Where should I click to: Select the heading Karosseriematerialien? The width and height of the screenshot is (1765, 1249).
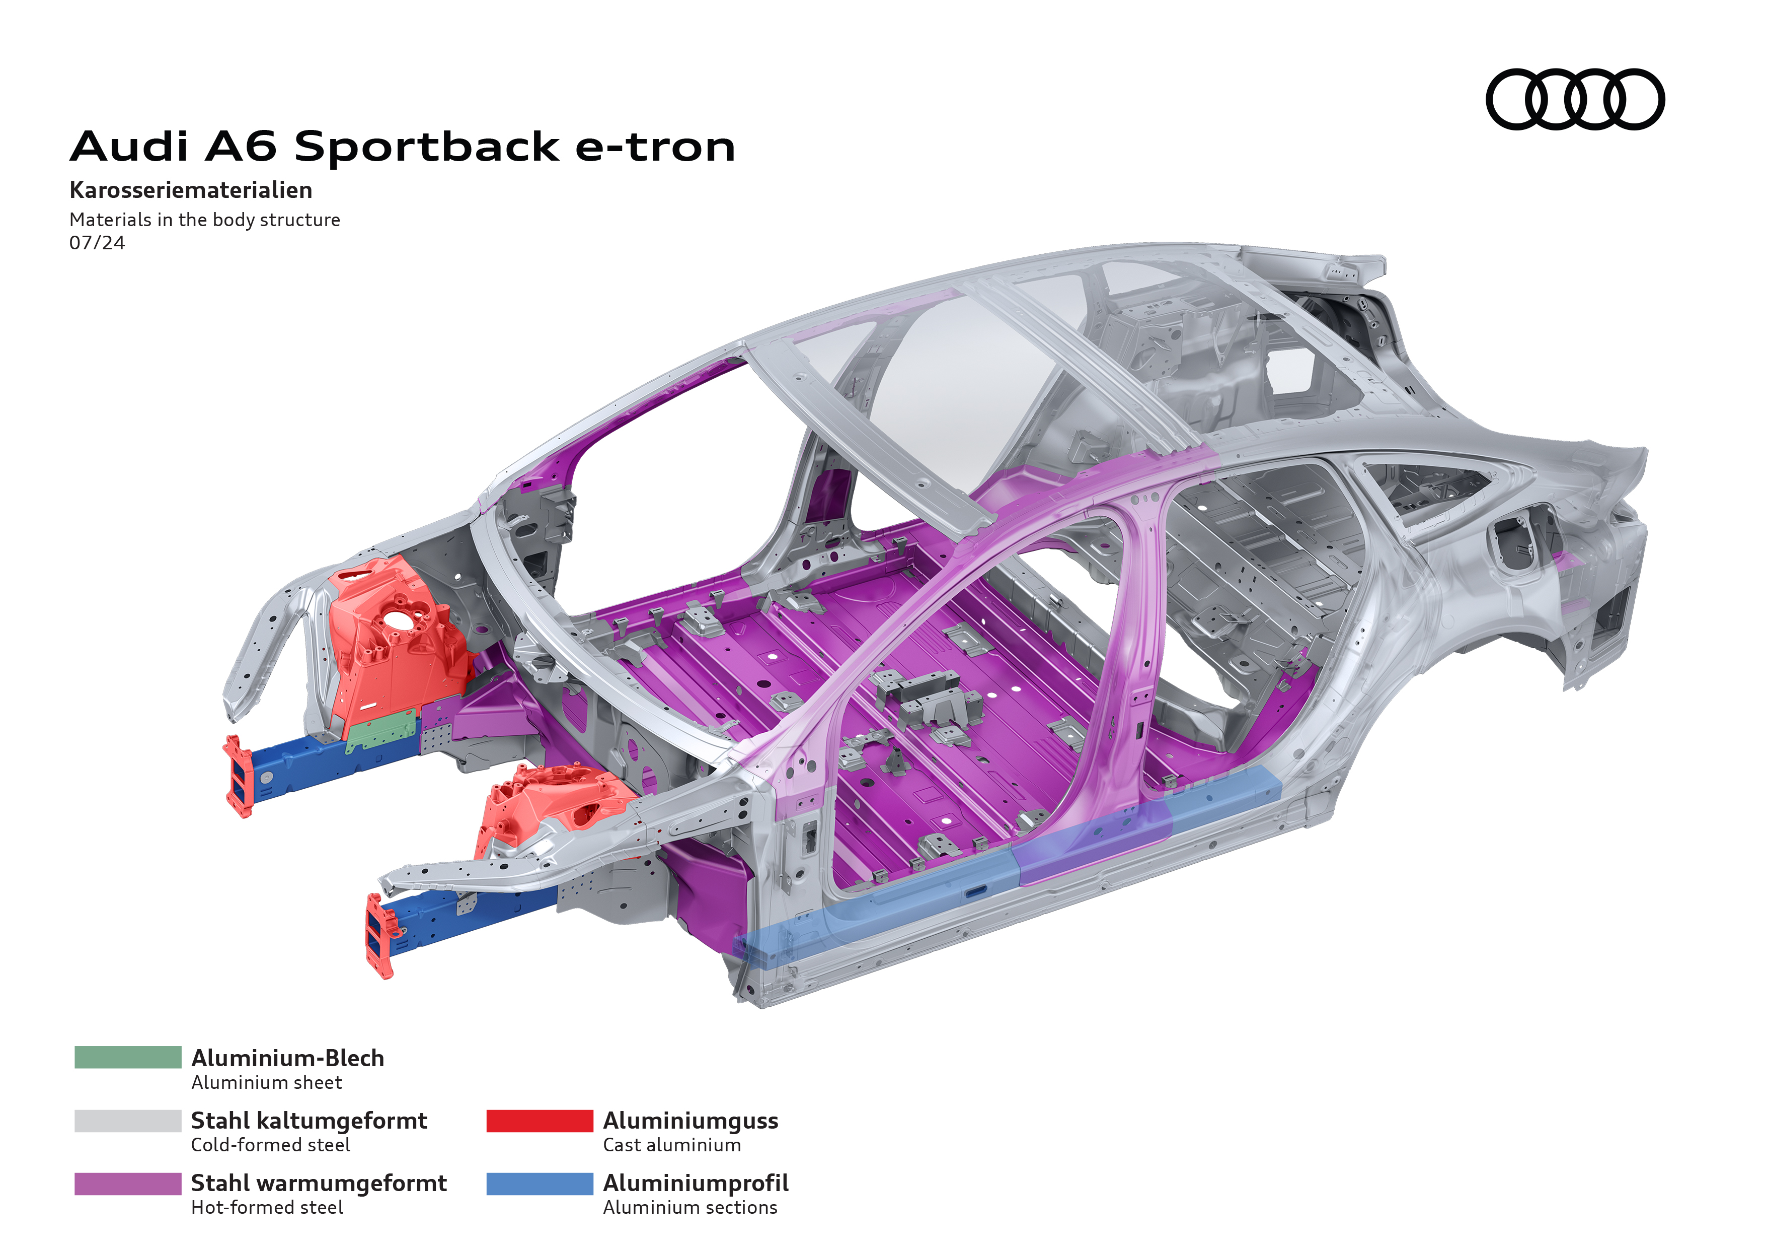pyautogui.click(x=191, y=190)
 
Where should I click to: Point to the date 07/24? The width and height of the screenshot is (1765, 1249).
pyautogui.click(x=97, y=243)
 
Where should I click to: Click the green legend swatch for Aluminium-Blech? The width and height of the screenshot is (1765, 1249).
pyautogui.click(x=128, y=1058)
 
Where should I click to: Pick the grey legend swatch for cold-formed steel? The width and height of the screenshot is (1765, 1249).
pyautogui.click(x=128, y=1121)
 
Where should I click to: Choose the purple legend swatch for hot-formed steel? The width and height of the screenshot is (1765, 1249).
pyautogui.click(x=128, y=1184)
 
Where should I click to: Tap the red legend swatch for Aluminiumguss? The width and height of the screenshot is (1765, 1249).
pyautogui.click(x=540, y=1121)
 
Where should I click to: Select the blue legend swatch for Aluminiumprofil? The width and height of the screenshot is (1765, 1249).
pyautogui.click(x=540, y=1184)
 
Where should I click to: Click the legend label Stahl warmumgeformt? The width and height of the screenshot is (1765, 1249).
pyautogui.click(x=318, y=1183)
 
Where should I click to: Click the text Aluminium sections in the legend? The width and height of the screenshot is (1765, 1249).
pyautogui.click(x=689, y=1208)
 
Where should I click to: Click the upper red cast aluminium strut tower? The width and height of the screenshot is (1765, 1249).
pyautogui.click(x=392, y=638)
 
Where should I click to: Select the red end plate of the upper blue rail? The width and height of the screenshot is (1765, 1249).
pyautogui.click(x=239, y=775)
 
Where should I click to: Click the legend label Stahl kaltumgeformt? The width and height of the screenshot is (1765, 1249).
pyautogui.click(x=309, y=1121)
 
